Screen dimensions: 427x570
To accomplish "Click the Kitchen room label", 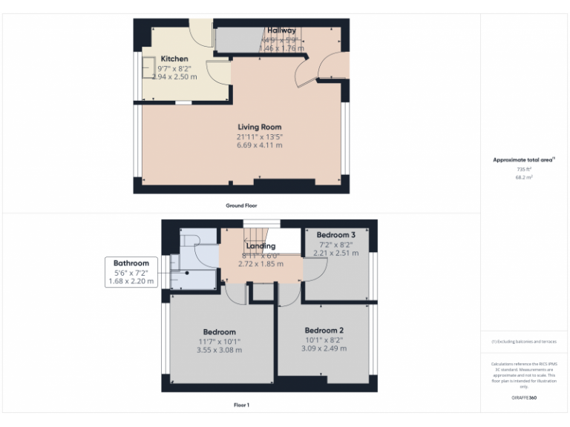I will point(174,59).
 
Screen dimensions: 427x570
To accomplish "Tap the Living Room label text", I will point(259,127).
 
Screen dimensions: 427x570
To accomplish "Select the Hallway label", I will point(281,30).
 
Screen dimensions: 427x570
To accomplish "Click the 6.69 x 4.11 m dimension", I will point(259,145).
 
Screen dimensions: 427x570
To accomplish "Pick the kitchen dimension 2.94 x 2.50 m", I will point(174,76).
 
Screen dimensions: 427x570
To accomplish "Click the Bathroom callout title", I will point(131,263).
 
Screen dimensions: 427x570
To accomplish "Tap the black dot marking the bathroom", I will point(188,272).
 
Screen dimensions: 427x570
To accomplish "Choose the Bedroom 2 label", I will point(324,330).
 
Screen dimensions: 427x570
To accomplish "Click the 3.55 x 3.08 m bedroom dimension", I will point(220,350).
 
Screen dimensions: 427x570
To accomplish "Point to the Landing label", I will point(261,246).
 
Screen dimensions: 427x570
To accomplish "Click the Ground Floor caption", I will point(241,205).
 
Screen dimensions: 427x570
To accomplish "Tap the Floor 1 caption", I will point(241,405).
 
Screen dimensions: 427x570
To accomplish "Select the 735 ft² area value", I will point(524,169).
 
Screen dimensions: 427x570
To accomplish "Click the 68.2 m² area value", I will point(524,177).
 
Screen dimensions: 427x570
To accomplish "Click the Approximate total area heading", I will point(523,159).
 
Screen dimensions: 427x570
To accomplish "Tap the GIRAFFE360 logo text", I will point(524,398).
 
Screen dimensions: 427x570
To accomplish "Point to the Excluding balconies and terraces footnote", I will point(524,342).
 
